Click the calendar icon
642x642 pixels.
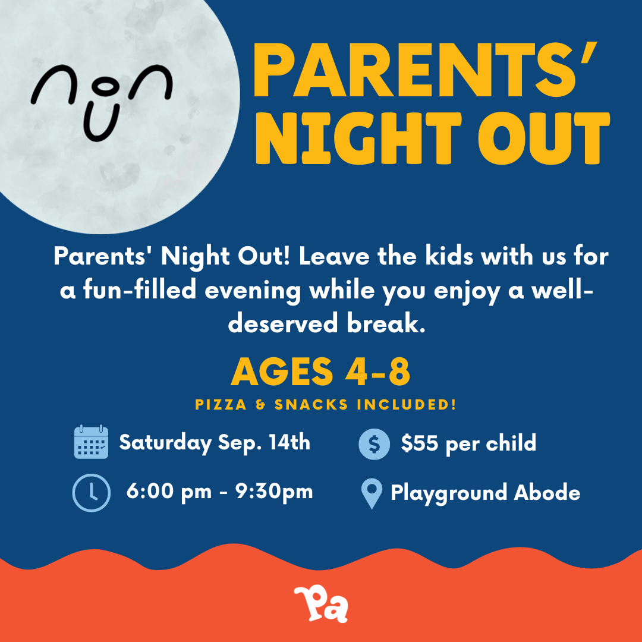[x=91, y=442]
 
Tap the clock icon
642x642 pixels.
[x=91, y=492]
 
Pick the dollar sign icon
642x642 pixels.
[x=374, y=443]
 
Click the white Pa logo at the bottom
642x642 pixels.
[x=321, y=605]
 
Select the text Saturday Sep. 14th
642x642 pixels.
[x=215, y=443]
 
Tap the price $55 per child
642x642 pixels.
[x=468, y=443]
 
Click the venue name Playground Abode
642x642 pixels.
[x=485, y=493]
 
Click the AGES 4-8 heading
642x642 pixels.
[x=321, y=372]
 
